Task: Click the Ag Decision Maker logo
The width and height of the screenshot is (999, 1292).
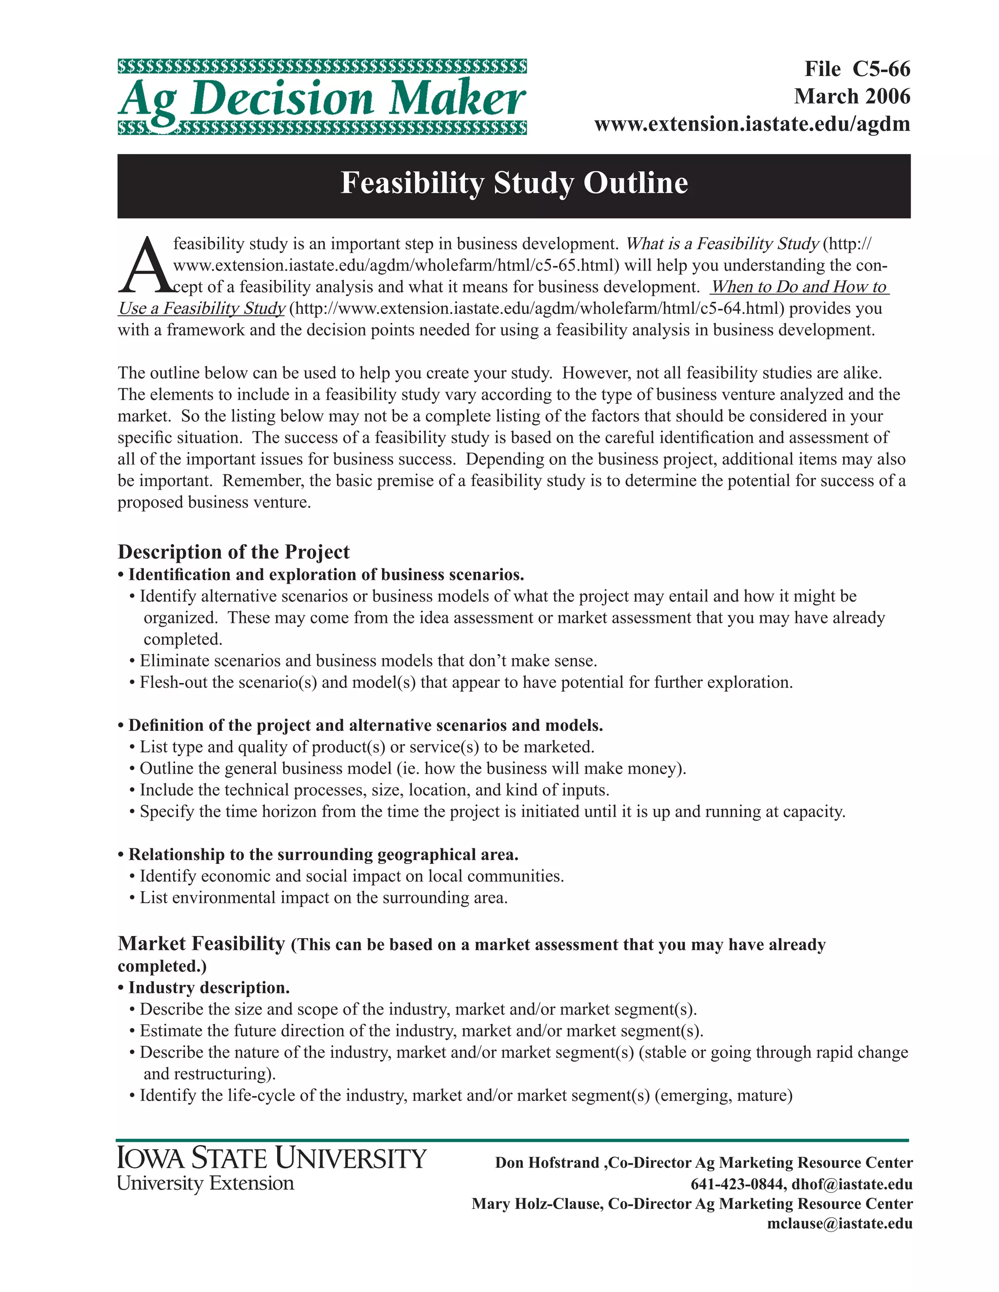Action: click(322, 98)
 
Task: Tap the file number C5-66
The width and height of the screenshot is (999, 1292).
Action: click(880, 69)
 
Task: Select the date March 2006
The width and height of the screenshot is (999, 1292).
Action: click(852, 97)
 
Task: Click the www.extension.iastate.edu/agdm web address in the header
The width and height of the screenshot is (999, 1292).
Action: click(752, 124)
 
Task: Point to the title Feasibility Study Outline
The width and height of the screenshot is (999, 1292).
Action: click(514, 183)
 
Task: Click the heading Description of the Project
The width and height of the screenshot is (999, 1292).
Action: click(234, 552)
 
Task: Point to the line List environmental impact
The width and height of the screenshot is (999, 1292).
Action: click(322, 898)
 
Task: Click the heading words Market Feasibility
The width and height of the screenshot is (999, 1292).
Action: click(202, 943)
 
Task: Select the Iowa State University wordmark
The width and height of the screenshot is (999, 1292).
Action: click(271, 1158)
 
